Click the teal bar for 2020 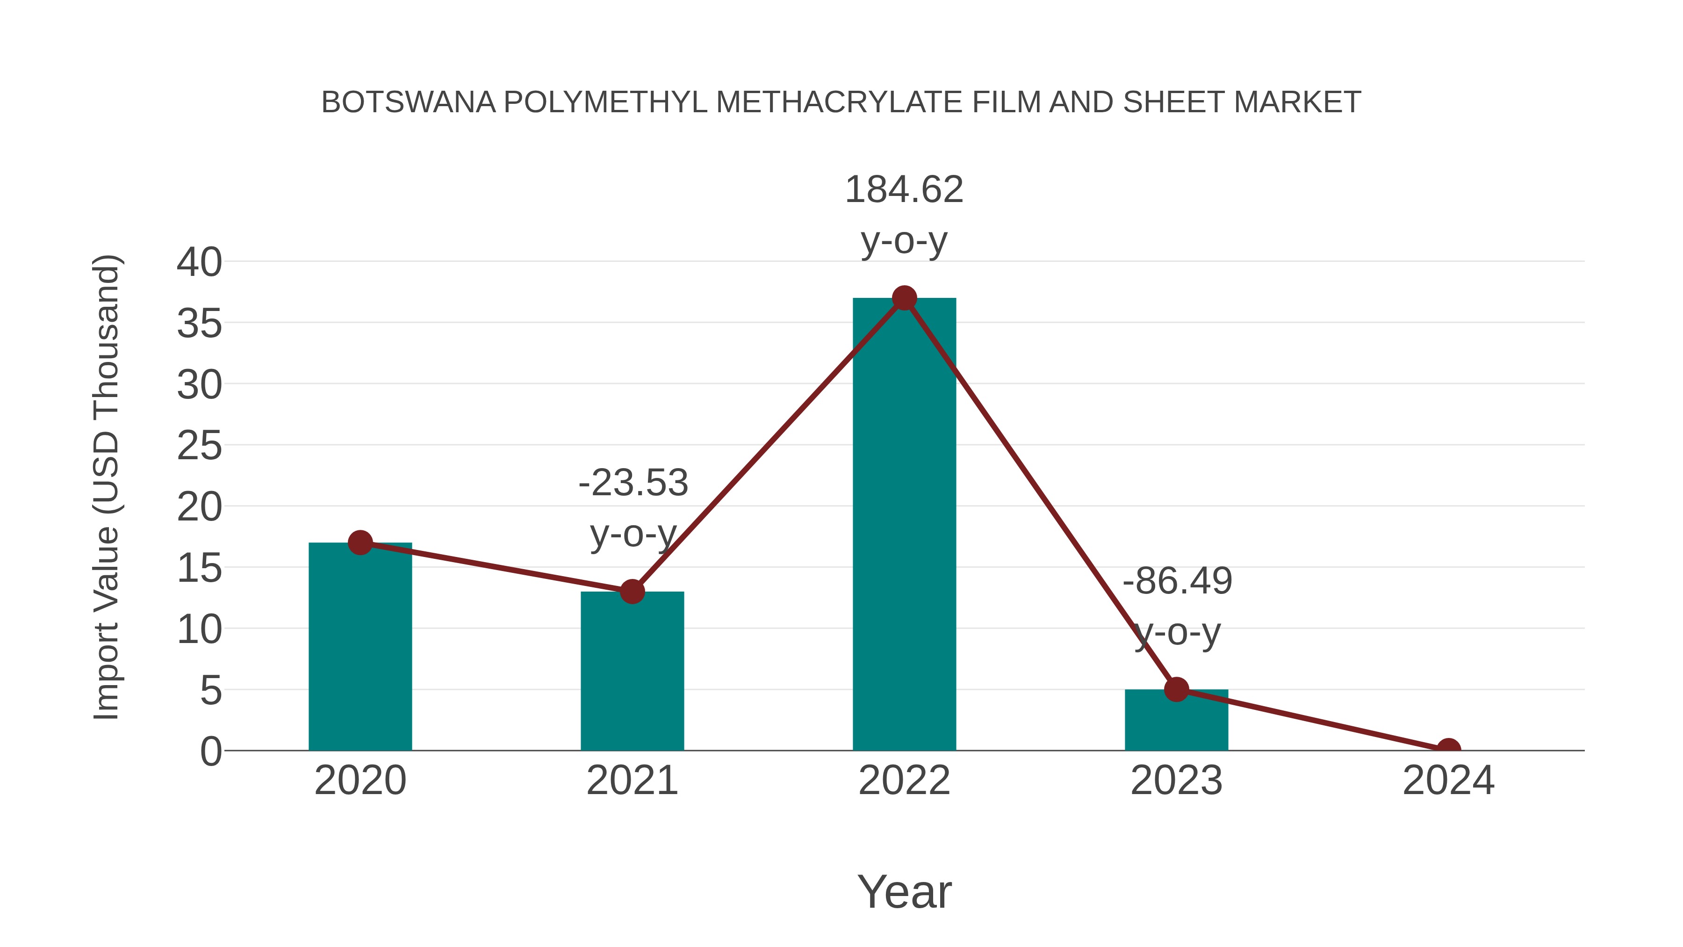click(360, 647)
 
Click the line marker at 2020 click(360, 542)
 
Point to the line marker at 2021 click(632, 592)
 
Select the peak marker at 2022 click(904, 298)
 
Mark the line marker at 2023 click(1176, 689)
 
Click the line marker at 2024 click(1448, 749)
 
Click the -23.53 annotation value click(633, 483)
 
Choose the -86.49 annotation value click(1177, 581)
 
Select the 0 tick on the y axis click(210, 751)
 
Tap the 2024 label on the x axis click(1448, 781)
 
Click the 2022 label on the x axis click(904, 781)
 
